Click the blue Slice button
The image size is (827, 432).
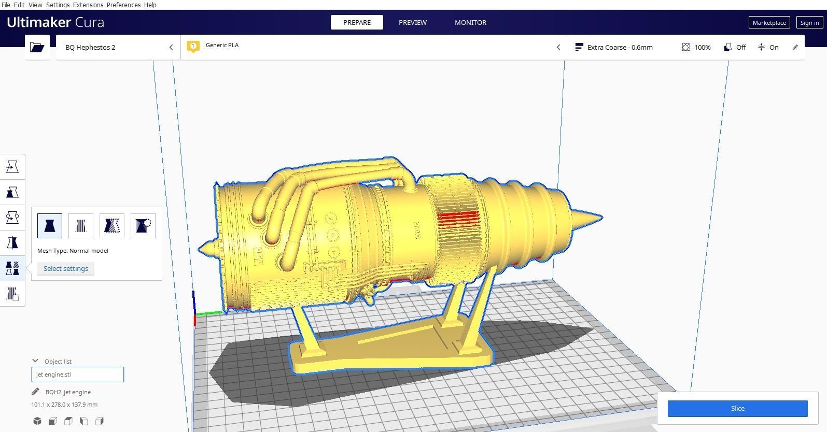click(737, 408)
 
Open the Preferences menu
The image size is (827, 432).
click(123, 5)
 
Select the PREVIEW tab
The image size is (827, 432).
click(412, 22)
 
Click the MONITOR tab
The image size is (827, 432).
click(470, 22)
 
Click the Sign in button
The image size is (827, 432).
click(809, 22)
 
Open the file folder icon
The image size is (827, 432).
click(37, 47)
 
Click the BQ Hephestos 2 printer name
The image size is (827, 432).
click(90, 47)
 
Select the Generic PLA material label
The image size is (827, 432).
click(222, 45)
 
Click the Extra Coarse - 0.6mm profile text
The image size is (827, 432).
click(620, 47)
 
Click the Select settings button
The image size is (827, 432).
click(66, 268)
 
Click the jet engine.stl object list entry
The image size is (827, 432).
click(77, 375)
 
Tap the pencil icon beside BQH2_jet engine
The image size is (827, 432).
click(35, 392)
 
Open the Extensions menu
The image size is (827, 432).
click(88, 5)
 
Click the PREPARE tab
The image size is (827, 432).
click(357, 22)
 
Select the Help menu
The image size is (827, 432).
click(150, 5)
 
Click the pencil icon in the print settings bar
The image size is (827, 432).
click(795, 47)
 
